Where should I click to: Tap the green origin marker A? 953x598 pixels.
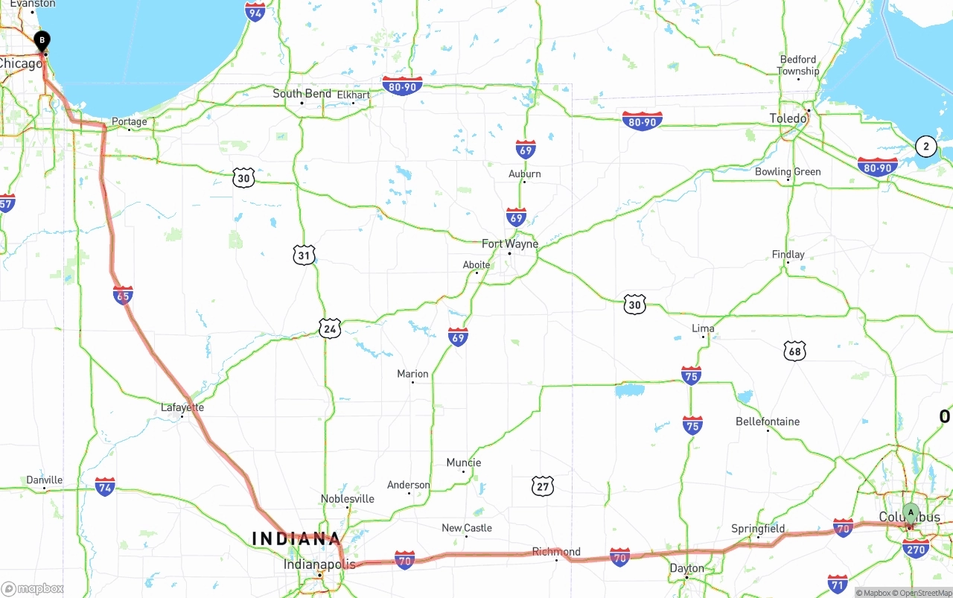(x=911, y=513)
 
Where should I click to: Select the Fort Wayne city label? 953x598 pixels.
(x=509, y=244)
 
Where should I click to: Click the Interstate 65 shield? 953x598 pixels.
(x=124, y=295)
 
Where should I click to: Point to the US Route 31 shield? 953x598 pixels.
(x=304, y=255)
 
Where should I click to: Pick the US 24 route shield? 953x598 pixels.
(x=330, y=328)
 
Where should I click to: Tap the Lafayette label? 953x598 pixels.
(x=182, y=407)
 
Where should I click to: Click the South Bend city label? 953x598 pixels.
(x=302, y=93)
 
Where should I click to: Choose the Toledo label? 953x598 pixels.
(x=788, y=118)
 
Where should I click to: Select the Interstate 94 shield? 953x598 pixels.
(x=255, y=11)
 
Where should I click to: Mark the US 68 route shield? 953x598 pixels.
(x=794, y=351)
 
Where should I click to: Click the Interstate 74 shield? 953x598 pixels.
(x=105, y=487)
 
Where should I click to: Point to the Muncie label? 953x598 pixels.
(x=463, y=462)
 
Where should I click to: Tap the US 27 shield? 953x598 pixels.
(x=543, y=487)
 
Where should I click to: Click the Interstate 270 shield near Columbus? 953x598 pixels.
(x=915, y=549)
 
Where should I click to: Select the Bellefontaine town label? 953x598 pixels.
(x=767, y=422)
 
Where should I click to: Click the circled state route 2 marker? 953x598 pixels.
(x=925, y=146)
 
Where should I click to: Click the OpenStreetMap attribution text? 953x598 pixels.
(x=925, y=593)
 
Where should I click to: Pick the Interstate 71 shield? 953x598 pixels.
(x=838, y=583)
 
